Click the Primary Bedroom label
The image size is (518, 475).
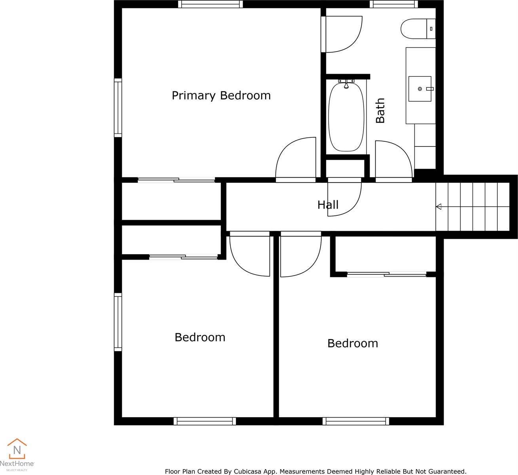pos(221,96)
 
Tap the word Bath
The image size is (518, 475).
pos(380,110)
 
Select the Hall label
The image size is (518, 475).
pos(328,205)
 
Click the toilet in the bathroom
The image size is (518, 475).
pos(418,28)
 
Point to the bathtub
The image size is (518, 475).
pos(346,117)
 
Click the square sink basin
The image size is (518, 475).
pos(420,89)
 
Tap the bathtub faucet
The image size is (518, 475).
pos(346,83)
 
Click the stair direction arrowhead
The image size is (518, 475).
pos(438,207)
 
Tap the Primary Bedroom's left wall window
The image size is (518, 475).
pos(118,108)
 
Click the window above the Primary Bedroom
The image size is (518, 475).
pos(211,4)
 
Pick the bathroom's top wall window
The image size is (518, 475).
pos(394,4)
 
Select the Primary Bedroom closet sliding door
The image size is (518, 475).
pos(176,180)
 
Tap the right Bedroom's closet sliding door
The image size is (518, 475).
pos(387,274)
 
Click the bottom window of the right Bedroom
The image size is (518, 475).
pos(356,421)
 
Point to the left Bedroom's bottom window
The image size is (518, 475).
pos(205,421)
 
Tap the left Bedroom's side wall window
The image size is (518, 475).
pos(118,322)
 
